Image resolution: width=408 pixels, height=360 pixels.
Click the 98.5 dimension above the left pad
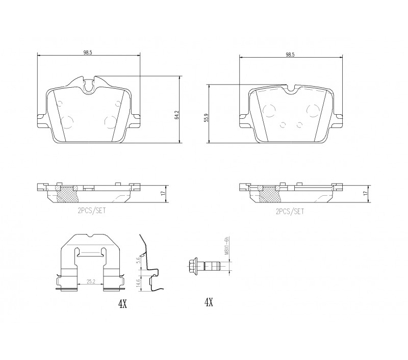tap(88, 53)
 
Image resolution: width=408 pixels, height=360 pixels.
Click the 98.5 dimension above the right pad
tap(290, 55)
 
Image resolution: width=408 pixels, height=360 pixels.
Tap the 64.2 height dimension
tap(177, 115)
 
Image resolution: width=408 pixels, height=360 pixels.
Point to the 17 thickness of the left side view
tap(163, 194)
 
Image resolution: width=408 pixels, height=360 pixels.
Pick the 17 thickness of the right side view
tap(365, 193)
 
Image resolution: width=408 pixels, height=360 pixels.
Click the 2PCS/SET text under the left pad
tap(92, 211)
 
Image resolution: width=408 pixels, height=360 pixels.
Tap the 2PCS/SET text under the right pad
tap(290, 211)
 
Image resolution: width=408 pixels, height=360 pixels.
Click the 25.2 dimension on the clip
tap(90, 281)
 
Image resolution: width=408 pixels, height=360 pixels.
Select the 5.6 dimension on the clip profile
tap(139, 260)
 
